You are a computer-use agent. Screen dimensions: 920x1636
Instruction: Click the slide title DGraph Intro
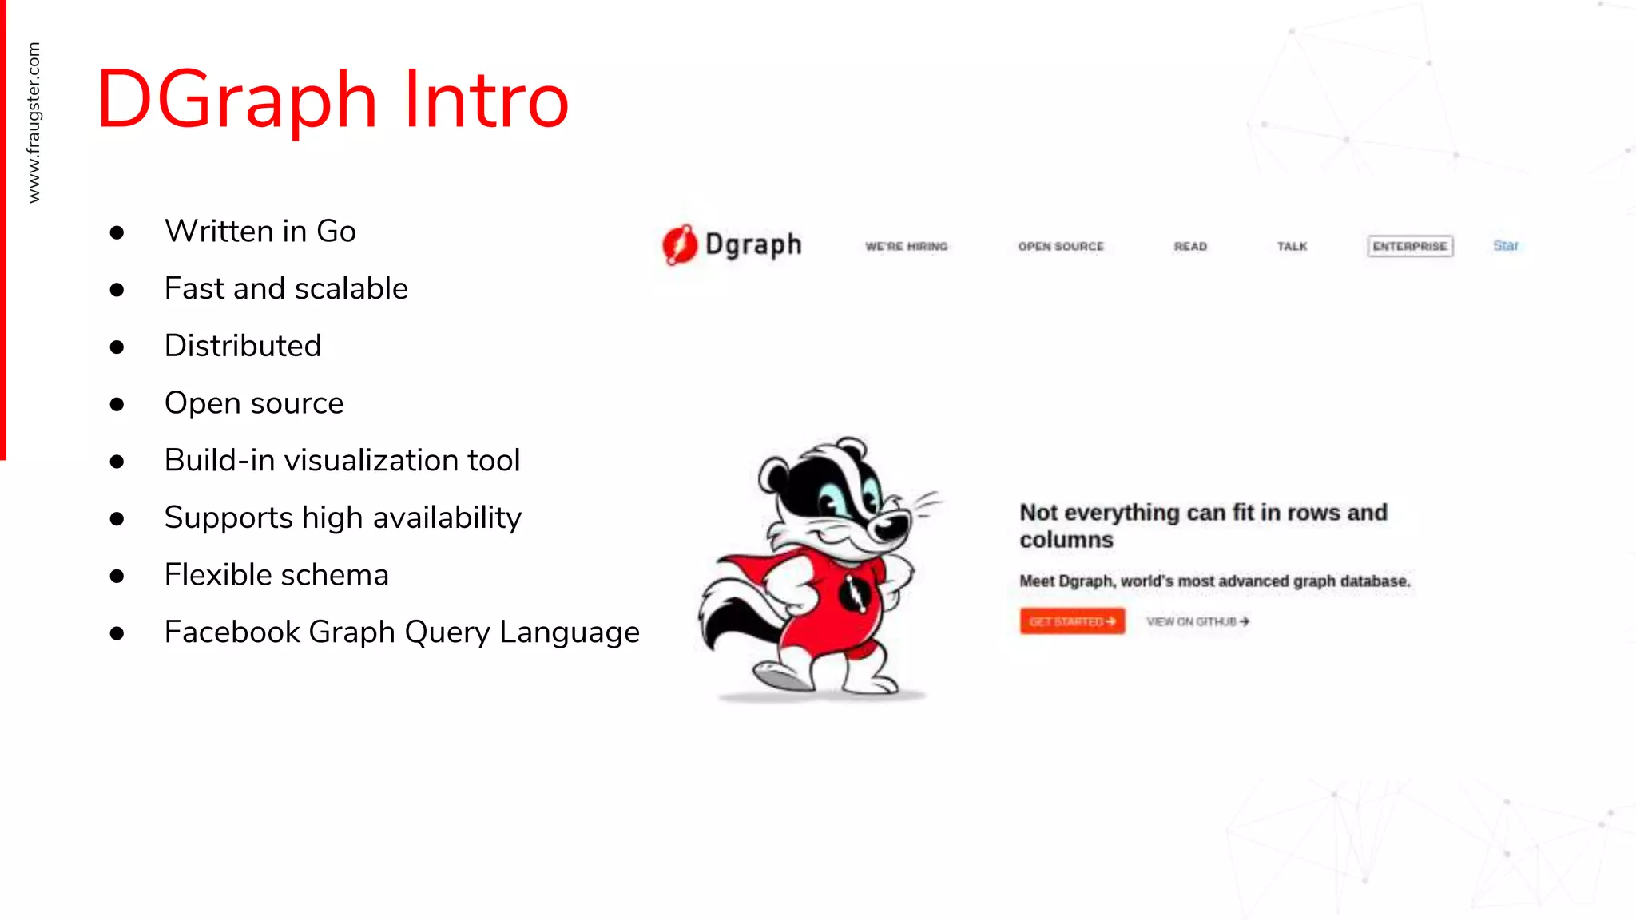332,100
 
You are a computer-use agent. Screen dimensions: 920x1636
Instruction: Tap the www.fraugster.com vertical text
34,122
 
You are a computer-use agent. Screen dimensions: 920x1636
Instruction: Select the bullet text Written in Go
260,232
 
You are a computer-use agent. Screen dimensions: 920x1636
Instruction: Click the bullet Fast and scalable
286,288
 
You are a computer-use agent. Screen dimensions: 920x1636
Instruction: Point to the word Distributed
243,346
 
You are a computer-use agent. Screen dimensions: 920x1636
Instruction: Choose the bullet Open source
254,403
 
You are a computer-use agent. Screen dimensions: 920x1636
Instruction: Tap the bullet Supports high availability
343,518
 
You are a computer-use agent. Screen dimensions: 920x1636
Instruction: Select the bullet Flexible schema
276,575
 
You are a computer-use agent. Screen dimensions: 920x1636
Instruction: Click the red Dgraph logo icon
680,244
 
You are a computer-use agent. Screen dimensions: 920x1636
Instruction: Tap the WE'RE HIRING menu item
907,247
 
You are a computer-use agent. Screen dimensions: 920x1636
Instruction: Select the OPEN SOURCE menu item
1061,247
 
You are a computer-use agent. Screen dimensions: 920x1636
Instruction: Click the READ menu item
1190,247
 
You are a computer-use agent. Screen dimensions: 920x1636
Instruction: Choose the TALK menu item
1292,247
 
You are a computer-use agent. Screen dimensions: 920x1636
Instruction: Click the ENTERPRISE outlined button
1410,246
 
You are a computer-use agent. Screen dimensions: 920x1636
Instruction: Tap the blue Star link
1506,246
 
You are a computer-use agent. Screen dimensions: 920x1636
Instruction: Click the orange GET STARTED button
1072,621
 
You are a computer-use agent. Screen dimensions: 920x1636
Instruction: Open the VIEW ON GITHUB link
1197,621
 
